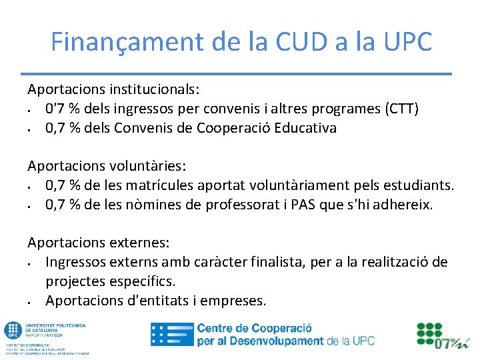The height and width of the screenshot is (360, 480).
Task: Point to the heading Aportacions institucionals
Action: pos(114,89)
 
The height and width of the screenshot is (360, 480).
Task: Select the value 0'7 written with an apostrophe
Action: pos(56,108)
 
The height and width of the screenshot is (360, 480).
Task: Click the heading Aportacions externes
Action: pos(99,243)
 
